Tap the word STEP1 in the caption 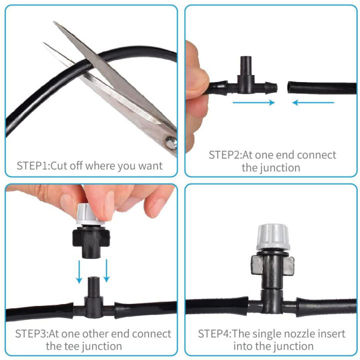point(33,165)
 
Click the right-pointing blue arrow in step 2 point(254,103)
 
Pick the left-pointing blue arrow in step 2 point(313,103)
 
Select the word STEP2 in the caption point(225,155)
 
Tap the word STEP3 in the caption point(31,333)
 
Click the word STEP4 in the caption point(214,333)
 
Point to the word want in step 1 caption point(150,165)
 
